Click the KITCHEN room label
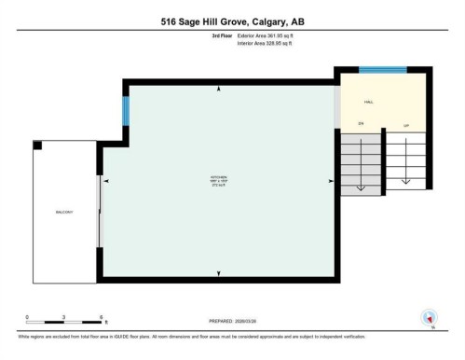pyautogui.click(x=218, y=177)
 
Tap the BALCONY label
pyautogui.click(x=63, y=214)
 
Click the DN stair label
pyautogui.click(x=361, y=122)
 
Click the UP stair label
pyautogui.click(x=406, y=122)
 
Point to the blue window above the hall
pyautogui.click(x=382, y=70)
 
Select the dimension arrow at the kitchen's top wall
pyautogui.click(x=219, y=89)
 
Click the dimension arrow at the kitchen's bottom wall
pyautogui.click(x=219, y=272)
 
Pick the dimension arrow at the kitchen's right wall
pyautogui.click(x=330, y=180)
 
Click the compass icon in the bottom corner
pyautogui.click(x=430, y=317)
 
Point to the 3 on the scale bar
pyautogui.click(x=63, y=317)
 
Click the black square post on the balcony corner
pyautogui.click(x=38, y=145)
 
